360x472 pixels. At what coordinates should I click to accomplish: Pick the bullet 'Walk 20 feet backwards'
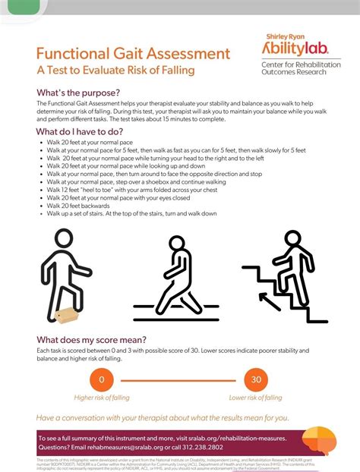click(x=80, y=206)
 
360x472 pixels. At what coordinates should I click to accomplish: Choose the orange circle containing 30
click(x=256, y=380)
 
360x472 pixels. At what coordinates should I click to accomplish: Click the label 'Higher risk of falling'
click(x=102, y=398)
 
